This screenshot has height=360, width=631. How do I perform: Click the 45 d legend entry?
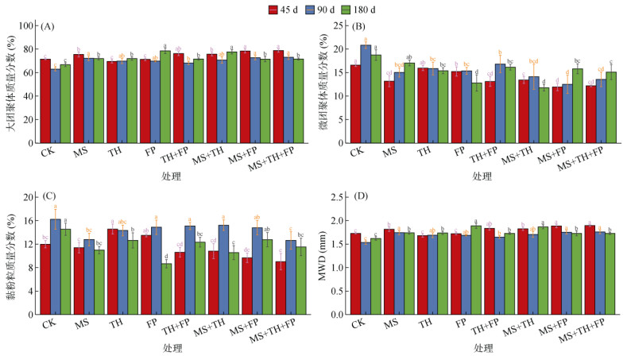coord(282,9)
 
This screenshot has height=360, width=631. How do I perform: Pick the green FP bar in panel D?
coord(475,270)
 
